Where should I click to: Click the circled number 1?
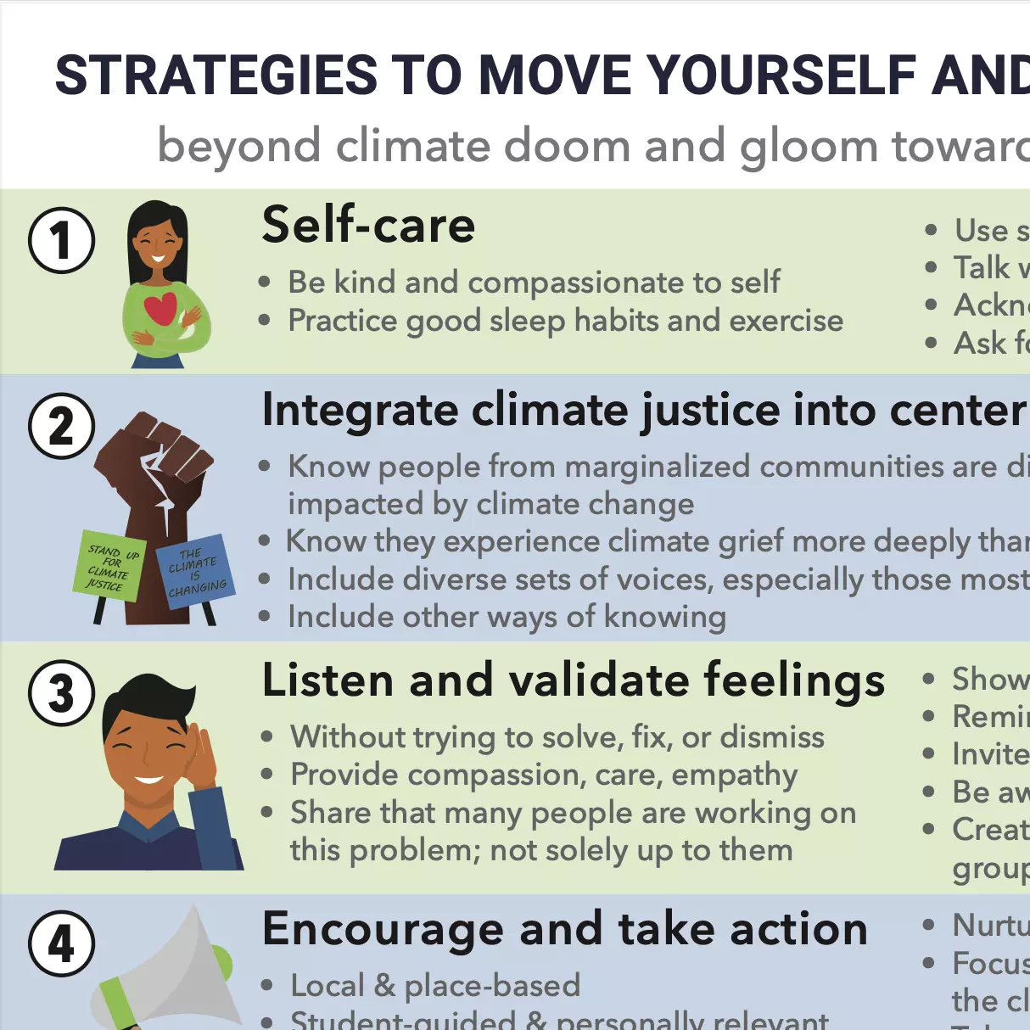tap(61, 240)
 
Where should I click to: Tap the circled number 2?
tap(61, 426)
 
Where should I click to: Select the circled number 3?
tap(61, 693)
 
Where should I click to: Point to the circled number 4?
tap(61, 943)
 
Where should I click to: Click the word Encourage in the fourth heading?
tap(383, 929)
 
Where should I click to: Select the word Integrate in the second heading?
tap(361, 411)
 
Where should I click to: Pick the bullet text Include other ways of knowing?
tap(507, 617)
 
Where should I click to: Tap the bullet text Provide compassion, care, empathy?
tap(543, 775)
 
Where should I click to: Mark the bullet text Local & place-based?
tap(434, 986)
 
